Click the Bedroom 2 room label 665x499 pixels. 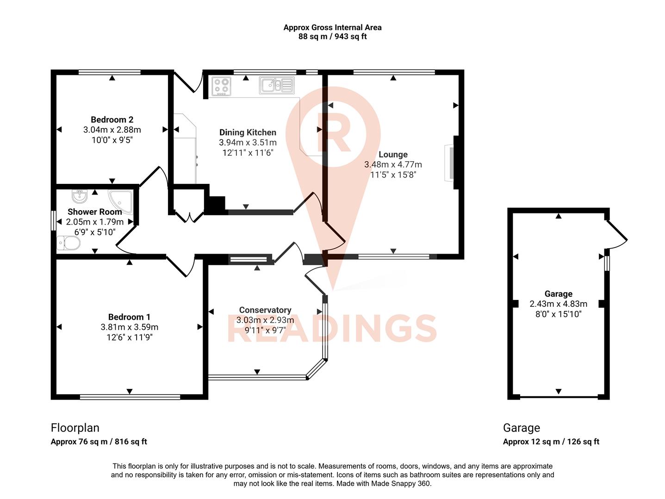point(112,120)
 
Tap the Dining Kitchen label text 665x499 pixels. point(248,133)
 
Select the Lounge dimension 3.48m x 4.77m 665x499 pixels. point(393,164)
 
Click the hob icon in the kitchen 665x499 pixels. point(221,86)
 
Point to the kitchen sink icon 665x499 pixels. point(276,85)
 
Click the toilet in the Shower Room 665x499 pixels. point(67,243)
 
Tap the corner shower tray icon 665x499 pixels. point(121,201)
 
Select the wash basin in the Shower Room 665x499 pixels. point(80,196)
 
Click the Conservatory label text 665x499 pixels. point(265,310)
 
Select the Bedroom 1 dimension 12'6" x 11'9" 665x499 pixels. point(129,337)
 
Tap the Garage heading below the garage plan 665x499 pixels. point(521,428)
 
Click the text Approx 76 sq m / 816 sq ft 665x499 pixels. point(99,442)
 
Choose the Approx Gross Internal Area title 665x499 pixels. point(332,28)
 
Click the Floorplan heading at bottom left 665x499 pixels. point(75,428)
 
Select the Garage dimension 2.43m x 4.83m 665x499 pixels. point(558,304)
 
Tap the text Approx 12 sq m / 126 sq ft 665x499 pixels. point(551,442)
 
